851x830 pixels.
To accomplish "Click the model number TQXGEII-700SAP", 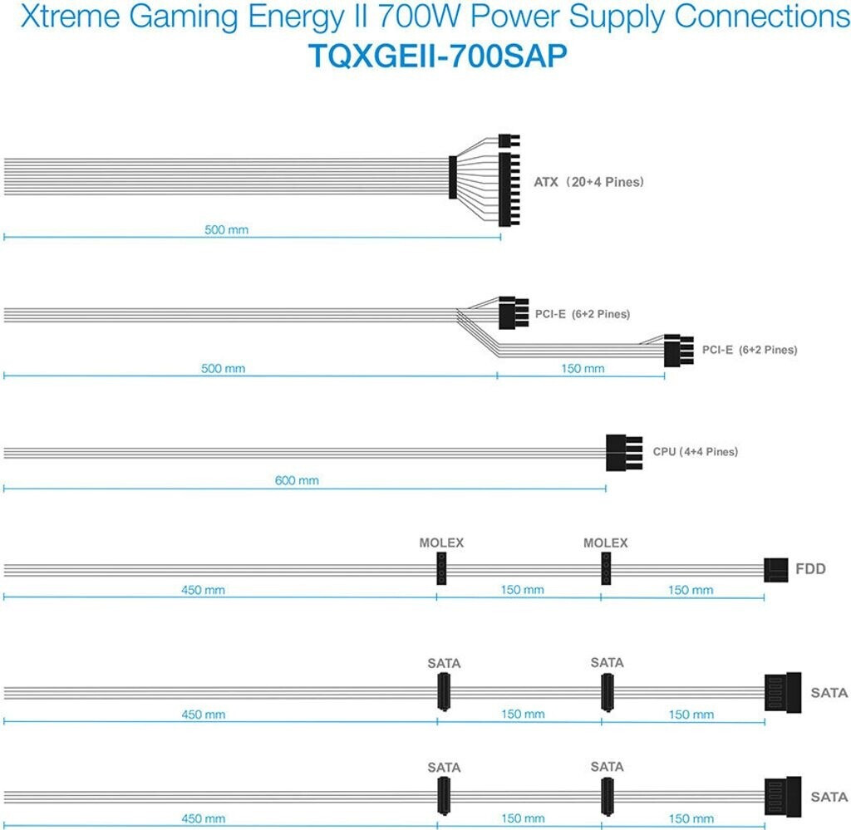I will click(x=425, y=55).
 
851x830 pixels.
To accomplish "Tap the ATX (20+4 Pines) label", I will click(x=588, y=181).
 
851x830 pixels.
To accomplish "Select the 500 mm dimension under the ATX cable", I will click(x=226, y=229).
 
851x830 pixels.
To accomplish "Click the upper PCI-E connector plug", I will click(x=512, y=312).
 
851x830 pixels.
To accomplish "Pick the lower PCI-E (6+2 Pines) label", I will click(x=749, y=350).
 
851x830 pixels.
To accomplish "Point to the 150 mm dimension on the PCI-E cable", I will click(x=583, y=368).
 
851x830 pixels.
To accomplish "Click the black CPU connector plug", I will click(x=623, y=452).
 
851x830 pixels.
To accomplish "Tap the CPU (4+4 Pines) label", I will click(x=695, y=452).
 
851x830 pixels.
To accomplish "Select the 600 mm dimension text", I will click(x=297, y=480).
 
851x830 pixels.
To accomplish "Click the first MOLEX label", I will click(x=441, y=543).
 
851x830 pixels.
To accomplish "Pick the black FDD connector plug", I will click(x=775, y=570).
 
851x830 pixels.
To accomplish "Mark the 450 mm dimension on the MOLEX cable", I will click(x=203, y=590).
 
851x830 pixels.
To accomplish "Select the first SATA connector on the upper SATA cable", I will click(x=443, y=691).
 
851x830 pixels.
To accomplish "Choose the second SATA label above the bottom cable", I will click(x=607, y=767).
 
